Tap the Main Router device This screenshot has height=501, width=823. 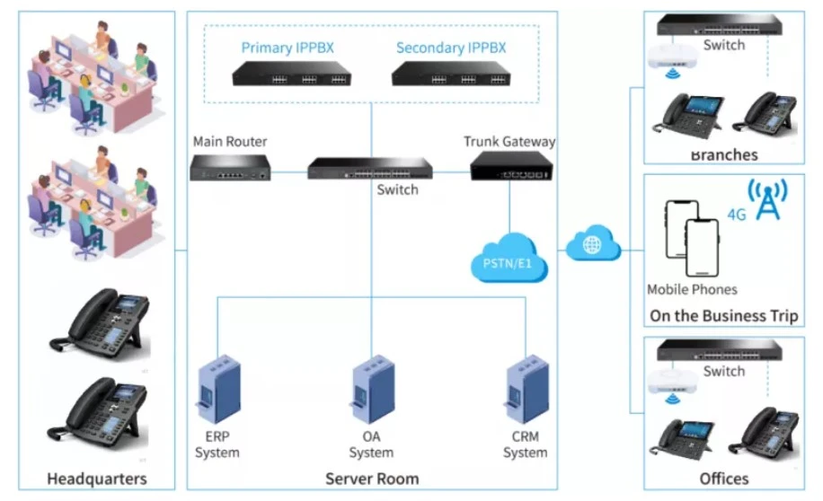point(230,168)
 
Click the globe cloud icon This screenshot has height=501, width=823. point(594,244)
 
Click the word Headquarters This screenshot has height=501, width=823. point(96,478)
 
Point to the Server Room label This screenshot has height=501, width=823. point(371,478)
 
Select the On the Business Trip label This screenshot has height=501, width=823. point(723,316)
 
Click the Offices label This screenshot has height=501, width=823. point(723,478)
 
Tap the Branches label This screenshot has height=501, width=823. point(723,154)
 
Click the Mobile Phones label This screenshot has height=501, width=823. point(692,289)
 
